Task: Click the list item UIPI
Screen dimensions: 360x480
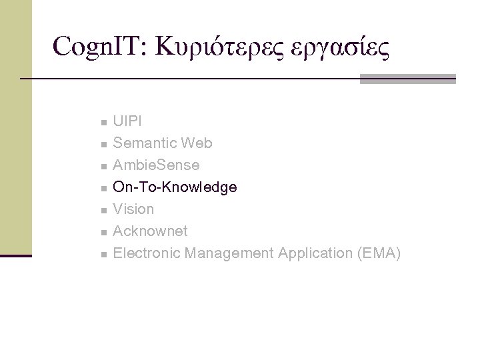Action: coord(127,121)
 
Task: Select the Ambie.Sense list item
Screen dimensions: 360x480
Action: coord(156,165)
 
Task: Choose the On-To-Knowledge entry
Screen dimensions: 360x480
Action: coord(175,187)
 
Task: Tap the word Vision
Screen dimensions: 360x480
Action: coord(133,209)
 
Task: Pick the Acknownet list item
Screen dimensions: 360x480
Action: coord(150,231)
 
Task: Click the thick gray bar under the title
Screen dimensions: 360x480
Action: coord(407,79)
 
